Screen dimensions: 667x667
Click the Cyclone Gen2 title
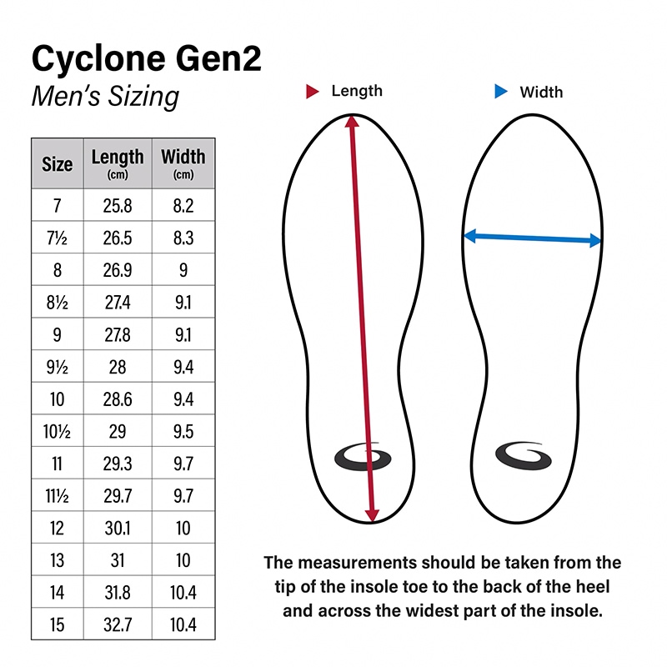click(x=147, y=58)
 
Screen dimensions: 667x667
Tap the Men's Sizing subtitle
click(x=106, y=97)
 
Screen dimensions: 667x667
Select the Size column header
click(x=57, y=164)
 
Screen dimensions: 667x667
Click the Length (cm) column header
click(x=118, y=163)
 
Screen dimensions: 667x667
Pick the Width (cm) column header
click(x=183, y=163)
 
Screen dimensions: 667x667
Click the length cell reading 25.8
click(x=118, y=206)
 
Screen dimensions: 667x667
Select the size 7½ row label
click(x=57, y=238)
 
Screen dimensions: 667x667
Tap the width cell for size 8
click(x=183, y=270)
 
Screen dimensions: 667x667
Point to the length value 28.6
click(x=118, y=399)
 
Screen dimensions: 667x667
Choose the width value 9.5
click(x=183, y=432)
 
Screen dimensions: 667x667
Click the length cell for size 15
click(x=118, y=624)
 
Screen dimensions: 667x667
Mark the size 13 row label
click(x=57, y=560)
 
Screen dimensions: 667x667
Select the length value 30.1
click(x=118, y=529)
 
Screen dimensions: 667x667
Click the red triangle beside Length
click(x=312, y=92)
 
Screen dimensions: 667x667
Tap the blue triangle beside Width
click(x=501, y=92)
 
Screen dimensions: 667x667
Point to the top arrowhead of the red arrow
click(x=352, y=121)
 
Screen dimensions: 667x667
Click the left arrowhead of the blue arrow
click(x=469, y=236)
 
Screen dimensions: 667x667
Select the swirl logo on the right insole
click(x=524, y=456)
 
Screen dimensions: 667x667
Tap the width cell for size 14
click(x=183, y=593)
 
